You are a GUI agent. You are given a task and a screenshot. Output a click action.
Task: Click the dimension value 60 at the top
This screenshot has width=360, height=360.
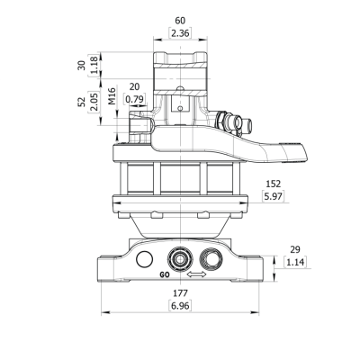[x=180, y=21]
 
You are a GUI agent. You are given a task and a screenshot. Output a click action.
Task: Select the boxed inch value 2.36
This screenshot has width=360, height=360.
[x=180, y=33]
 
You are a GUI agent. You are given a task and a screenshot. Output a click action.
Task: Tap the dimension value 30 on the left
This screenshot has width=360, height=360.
[x=82, y=65]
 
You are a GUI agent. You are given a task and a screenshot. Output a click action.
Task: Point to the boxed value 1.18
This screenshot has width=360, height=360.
[x=94, y=65]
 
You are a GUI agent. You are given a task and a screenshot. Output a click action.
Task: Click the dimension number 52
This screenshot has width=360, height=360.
[x=82, y=102]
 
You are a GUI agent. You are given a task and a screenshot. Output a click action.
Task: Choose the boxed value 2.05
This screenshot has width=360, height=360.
[x=94, y=102]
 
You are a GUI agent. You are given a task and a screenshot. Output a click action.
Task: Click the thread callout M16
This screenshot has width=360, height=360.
[x=112, y=96]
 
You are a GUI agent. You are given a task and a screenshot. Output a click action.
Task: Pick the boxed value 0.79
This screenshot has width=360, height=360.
[x=135, y=99]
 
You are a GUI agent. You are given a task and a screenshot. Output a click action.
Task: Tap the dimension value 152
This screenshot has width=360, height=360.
[x=274, y=184]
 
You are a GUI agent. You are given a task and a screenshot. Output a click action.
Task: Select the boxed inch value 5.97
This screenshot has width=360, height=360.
[x=274, y=196]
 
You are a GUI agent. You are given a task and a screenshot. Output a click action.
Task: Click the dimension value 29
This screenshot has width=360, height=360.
[x=295, y=249]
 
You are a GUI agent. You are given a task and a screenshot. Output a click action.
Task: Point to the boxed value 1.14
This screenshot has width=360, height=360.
[x=295, y=262]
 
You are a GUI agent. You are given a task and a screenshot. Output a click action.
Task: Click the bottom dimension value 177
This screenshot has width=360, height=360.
[x=180, y=292]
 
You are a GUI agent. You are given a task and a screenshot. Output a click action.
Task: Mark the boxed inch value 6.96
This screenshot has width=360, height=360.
[x=180, y=306]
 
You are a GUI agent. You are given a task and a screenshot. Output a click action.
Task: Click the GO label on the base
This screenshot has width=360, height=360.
[x=165, y=274]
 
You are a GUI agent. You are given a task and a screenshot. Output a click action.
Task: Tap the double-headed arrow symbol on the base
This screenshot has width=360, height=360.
[x=196, y=274]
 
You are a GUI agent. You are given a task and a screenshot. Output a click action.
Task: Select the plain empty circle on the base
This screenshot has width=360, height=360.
[x=145, y=259]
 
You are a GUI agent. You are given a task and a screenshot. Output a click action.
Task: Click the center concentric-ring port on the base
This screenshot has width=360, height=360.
[x=180, y=259]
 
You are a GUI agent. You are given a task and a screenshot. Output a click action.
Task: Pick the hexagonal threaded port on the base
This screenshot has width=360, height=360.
[x=211, y=258]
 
